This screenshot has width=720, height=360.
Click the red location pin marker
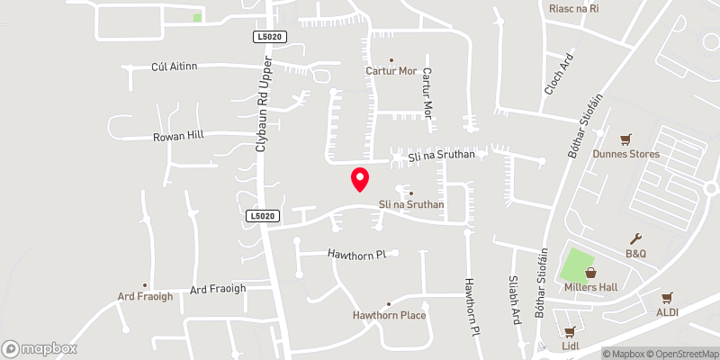click(x=360, y=179)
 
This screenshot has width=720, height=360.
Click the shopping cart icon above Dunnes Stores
click(x=626, y=139)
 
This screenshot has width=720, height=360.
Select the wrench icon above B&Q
click(x=636, y=238)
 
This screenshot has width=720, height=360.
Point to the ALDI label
click(x=667, y=312)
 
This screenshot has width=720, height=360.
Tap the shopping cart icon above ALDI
click(x=667, y=298)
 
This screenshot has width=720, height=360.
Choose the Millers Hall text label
click(x=590, y=287)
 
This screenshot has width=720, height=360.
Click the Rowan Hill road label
click(x=177, y=135)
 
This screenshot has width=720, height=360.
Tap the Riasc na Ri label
click(x=573, y=8)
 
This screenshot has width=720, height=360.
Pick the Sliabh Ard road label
click(x=515, y=300)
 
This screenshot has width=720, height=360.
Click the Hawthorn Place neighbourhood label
click(x=389, y=316)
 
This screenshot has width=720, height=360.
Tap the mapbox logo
click(x=39, y=348)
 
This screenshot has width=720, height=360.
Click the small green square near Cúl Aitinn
click(x=197, y=17)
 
